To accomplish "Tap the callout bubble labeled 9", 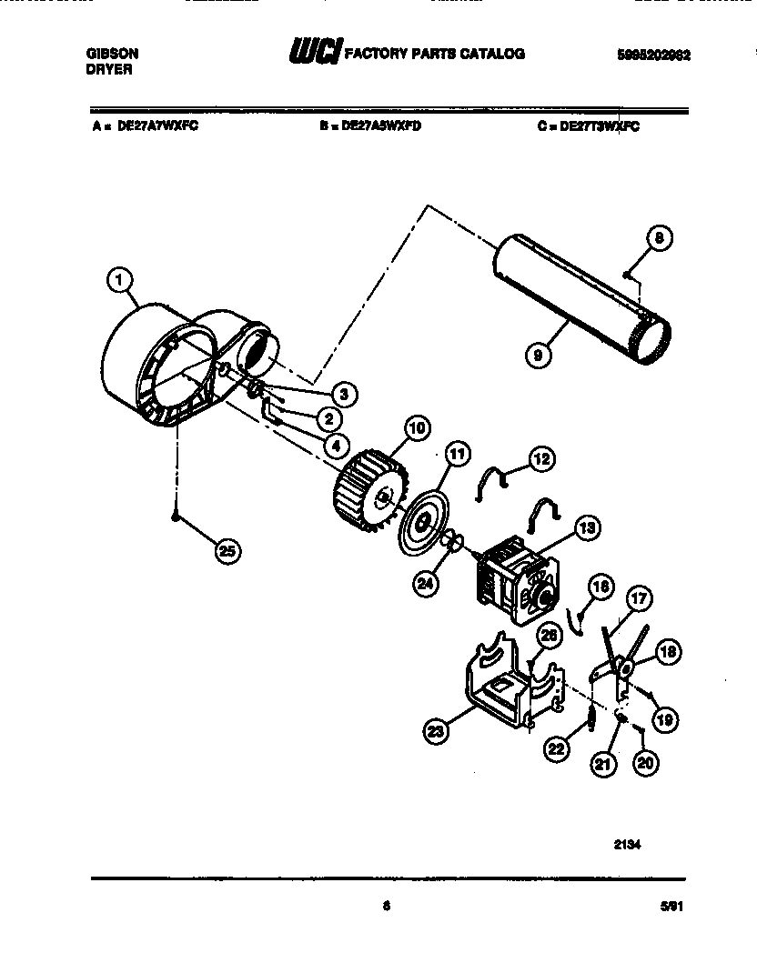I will tap(540, 356).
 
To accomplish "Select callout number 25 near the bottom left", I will tap(228, 550).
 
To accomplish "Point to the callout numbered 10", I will tap(417, 429).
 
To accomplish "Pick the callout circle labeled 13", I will tap(588, 527).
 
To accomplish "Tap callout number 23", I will tap(437, 728).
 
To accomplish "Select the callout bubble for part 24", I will tap(426, 585).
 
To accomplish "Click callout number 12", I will tap(541, 460).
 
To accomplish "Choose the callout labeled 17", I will tap(640, 600).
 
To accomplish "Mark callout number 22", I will tap(557, 747).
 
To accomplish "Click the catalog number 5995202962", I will tap(652, 55).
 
